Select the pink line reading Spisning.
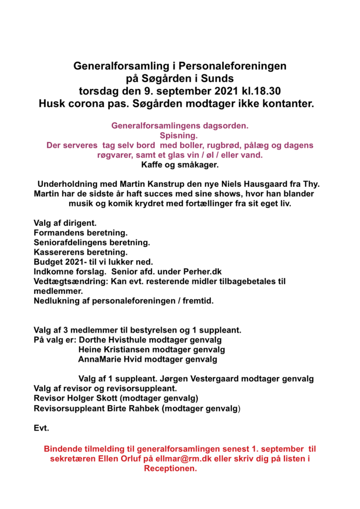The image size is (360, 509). pos(179,135)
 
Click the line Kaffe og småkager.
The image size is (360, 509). pos(179,165)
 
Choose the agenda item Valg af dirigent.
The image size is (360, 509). pos(65,223)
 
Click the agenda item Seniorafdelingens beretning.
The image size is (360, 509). pos(91,242)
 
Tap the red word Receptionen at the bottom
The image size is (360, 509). pos(171,468)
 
